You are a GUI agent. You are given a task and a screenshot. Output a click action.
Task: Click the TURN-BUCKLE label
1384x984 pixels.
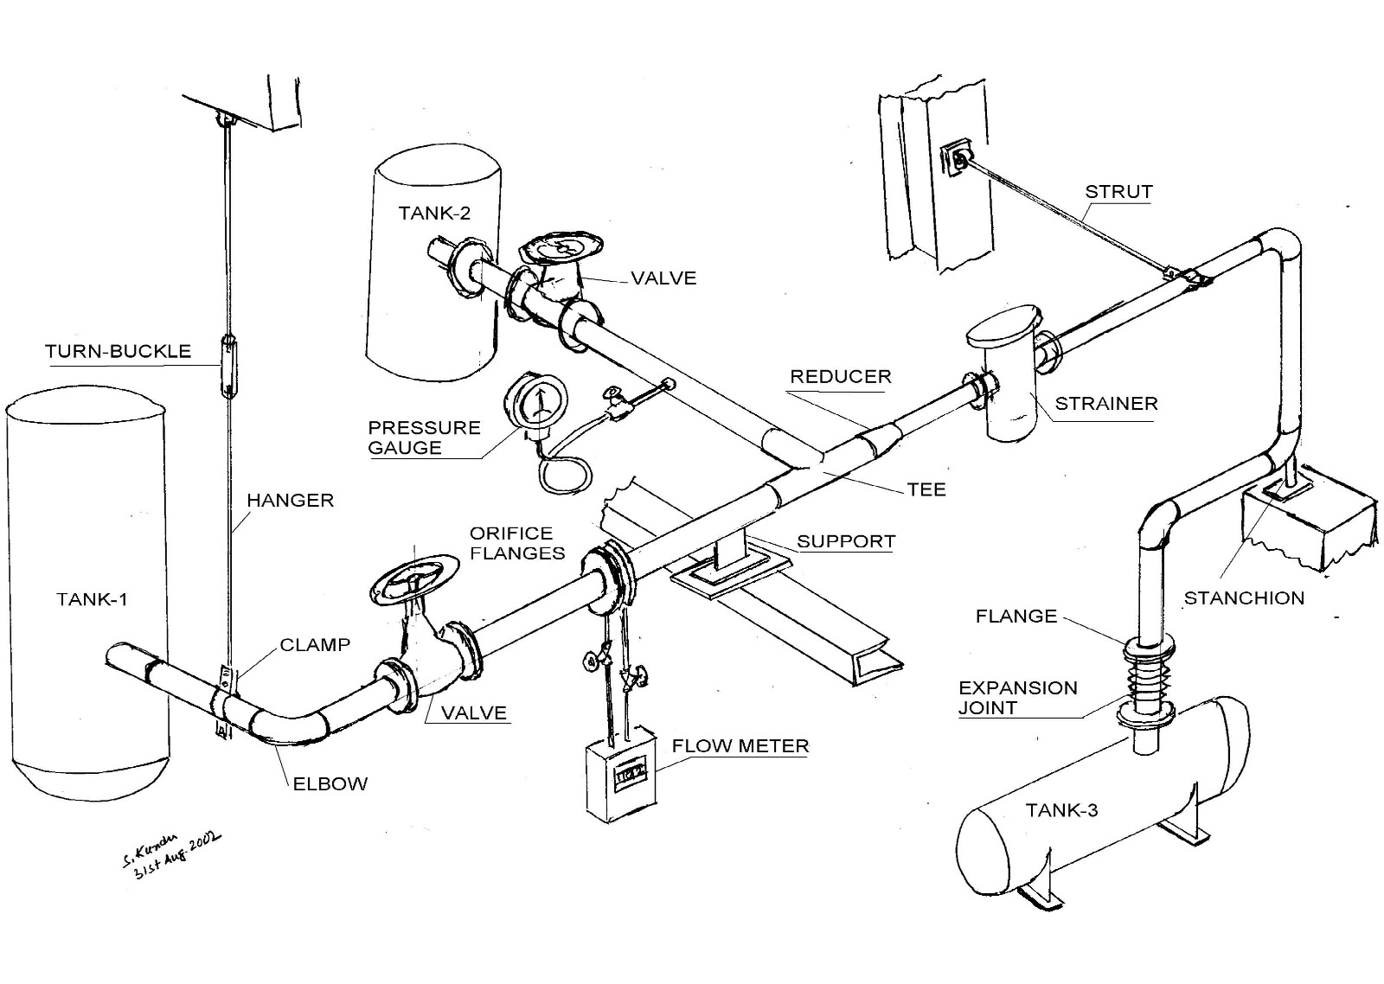[x=118, y=351]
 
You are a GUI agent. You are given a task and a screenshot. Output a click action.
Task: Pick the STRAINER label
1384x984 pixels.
[x=1105, y=404]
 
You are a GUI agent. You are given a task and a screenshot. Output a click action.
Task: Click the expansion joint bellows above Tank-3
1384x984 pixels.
[x=1148, y=674]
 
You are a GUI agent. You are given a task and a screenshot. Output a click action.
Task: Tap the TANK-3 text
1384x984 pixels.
[x=1061, y=810]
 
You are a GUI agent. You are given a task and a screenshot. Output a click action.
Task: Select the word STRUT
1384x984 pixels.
[x=1118, y=192]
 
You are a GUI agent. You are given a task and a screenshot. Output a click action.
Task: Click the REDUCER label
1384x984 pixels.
[x=840, y=377]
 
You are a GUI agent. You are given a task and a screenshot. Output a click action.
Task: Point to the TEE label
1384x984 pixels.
[x=926, y=490]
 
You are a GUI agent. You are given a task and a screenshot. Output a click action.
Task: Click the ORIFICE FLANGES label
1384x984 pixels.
[x=516, y=543]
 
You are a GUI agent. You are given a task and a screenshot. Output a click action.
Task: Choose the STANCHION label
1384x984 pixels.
[x=1243, y=598]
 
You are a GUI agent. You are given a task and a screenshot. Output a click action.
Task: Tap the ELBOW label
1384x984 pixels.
[x=330, y=784]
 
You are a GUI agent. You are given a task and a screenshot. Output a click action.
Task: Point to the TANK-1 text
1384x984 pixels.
[x=92, y=599]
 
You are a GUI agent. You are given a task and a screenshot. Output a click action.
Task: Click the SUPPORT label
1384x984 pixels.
[x=845, y=542]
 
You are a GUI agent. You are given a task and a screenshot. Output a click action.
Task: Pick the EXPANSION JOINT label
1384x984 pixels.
[x=1017, y=698]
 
